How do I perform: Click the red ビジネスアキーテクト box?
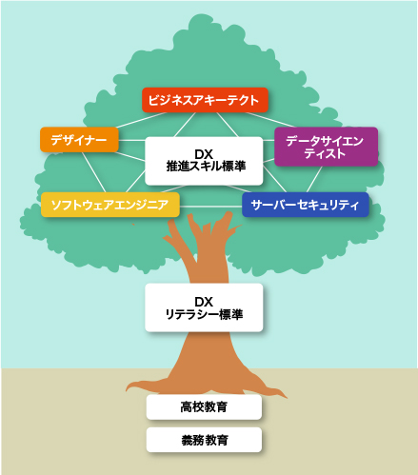tap(205, 100)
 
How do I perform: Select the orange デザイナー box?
tap(79, 140)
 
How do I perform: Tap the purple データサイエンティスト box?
tap(326, 147)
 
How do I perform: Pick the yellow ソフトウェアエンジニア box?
tap(110, 205)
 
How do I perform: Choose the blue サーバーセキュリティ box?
tap(306, 205)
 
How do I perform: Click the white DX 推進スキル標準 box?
tap(204, 161)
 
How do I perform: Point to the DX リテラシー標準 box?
tap(204, 307)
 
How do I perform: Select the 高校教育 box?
tap(204, 406)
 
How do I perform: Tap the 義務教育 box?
tap(204, 440)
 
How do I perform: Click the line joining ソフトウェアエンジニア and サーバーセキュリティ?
tap(210, 207)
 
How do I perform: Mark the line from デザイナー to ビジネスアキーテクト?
tap(141, 120)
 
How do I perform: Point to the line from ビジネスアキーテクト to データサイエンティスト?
tap(269, 120)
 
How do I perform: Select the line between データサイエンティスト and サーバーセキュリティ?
tap(314, 179)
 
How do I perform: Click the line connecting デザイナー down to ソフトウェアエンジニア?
tap(93, 172)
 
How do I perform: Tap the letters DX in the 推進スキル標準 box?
tap(204, 154)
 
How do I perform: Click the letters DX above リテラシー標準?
tap(204, 302)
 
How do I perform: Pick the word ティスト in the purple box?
tap(325, 153)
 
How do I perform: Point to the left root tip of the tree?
tap(127, 389)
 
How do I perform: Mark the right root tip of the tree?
tap(287, 397)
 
